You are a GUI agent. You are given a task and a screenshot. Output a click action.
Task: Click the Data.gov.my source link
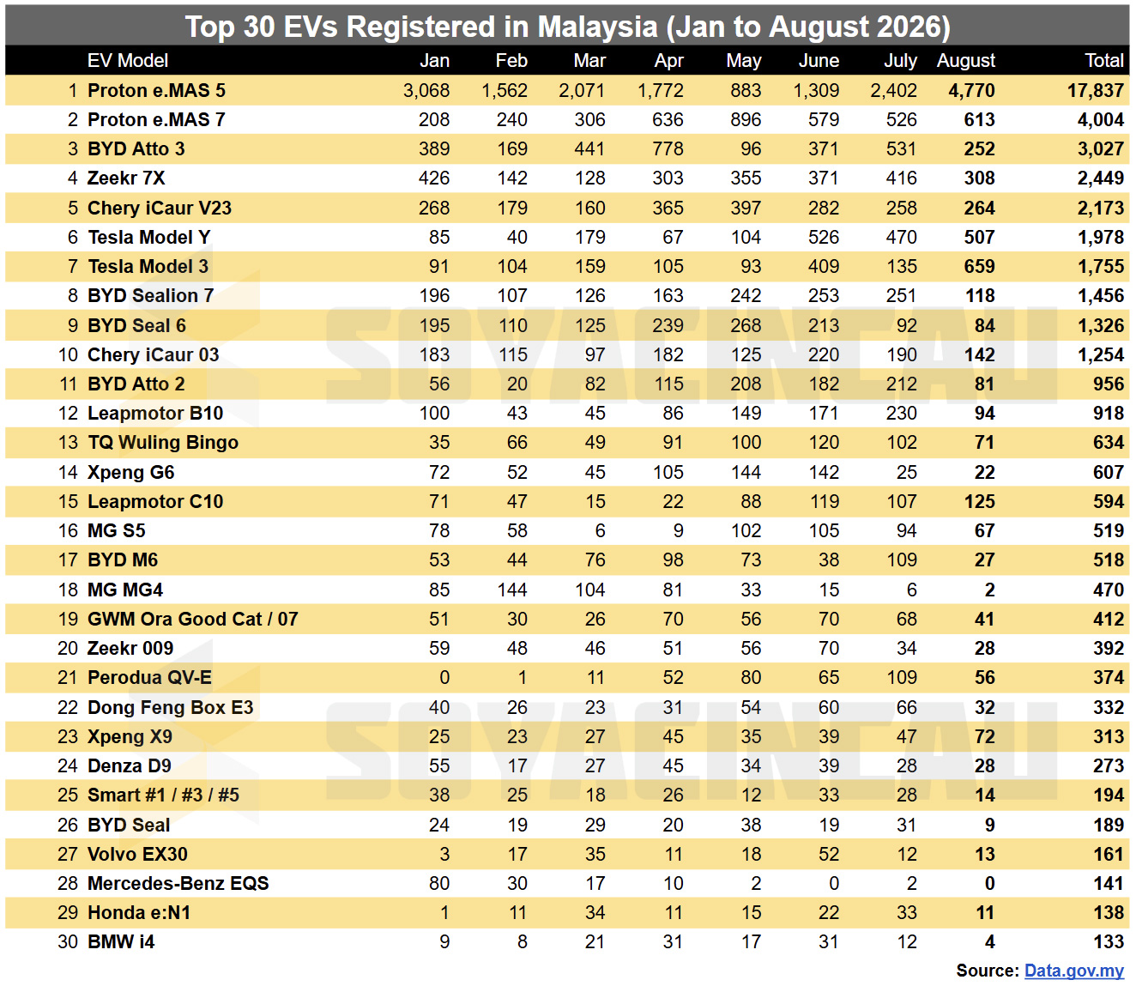tap(1074, 971)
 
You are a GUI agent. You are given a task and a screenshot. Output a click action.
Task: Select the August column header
tap(965, 61)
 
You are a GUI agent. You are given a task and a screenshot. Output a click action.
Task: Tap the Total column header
tap(1104, 61)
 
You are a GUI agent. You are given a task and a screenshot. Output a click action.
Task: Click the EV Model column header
tap(128, 61)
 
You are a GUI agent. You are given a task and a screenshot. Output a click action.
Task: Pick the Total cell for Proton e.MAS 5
tap(1096, 90)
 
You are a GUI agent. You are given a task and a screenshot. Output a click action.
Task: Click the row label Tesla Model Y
tap(149, 237)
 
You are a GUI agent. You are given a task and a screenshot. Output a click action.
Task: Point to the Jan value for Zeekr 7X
tap(434, 178)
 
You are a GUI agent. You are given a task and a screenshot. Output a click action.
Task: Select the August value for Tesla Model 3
tap(980, 267)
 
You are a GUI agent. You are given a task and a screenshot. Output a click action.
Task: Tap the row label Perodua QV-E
tap(149, 677)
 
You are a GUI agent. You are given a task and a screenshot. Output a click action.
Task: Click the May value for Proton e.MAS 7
tap(746, 120)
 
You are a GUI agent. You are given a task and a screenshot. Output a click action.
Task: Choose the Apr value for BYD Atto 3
tap(668, 148)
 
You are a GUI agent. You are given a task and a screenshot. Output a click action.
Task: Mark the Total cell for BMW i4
tap(1109, 941)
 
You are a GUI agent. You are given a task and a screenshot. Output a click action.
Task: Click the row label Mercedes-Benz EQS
tap(178, 883)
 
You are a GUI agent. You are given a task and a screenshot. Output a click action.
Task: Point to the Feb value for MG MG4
tap(512, 590)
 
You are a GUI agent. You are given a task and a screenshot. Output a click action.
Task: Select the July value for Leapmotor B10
tap(901, 413)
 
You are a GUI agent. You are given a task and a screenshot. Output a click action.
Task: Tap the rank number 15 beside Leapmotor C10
tap(69, 501)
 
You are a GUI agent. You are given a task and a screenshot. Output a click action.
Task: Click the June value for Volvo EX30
tap(828, 854)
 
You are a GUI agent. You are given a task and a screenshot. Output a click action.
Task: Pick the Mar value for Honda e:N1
tap(595, 912)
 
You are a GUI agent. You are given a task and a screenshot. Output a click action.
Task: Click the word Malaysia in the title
tap(597, 26)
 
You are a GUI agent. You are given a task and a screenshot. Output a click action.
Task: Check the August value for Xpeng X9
tap(984, 736)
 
